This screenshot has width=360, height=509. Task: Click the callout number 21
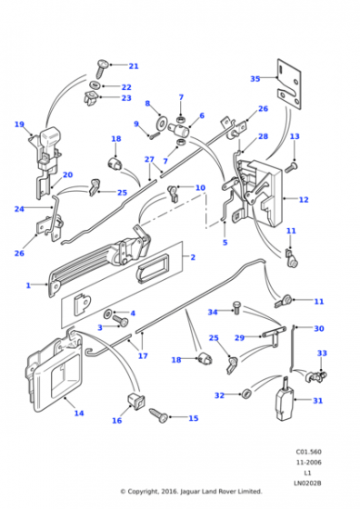point(134,66)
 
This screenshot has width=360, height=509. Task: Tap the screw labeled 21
point(101,68)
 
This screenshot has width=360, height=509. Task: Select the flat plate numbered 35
point(289,84)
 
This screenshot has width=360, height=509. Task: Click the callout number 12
point(304,199)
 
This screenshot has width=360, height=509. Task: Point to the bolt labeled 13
point(291,167)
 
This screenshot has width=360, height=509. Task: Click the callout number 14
point(79,413)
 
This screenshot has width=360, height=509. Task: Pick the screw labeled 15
point(159,415)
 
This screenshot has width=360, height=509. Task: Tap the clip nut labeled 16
point(136,401)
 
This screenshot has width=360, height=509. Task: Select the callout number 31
point(318,401)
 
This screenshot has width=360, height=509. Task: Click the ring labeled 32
point(246,394)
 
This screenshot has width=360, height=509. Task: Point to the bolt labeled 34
point(236,307)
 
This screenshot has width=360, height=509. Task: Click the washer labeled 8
point(160,122)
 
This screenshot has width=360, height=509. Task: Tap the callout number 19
point(19,125)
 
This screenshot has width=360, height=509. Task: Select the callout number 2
point(193,257)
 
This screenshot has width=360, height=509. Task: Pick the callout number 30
point(319,328)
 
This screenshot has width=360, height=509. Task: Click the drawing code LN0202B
point(307,483)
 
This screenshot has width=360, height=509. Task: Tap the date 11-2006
point(309,463)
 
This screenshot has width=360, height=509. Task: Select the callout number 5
point(225,243)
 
